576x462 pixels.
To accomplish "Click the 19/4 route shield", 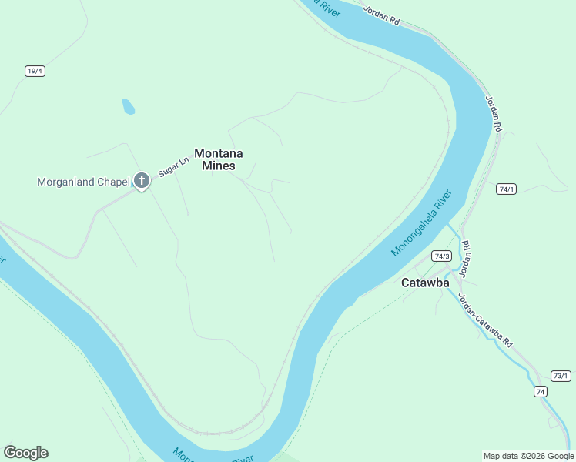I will pyautogui.click(x=35, y=71).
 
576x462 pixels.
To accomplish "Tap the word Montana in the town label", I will pyautogui.click(x=215, y=154).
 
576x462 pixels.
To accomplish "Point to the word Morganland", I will pyautogui.click(x=68, y=182).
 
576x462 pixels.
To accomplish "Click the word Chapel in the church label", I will pyautogui.click(x=114, y=182).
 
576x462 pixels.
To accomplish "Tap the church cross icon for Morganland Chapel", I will pyautogui.click(x=141, y=180).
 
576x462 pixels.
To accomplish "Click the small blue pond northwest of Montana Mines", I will pyautogui.click(x=128, y=107).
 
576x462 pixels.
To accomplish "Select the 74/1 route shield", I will pyautogui.click(x=506, y=189).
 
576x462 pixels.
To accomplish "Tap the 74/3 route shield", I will pyautogui.click(x=441, y=256).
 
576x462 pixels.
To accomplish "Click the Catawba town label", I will pyautogui.click(x=425, y=283).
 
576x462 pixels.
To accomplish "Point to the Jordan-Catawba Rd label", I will pyautogui.click(x=485, y=320).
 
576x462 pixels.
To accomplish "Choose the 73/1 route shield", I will pyautogui.click(x=561, y=376).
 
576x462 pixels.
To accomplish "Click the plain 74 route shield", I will pyautogui.click(x=541, y=392).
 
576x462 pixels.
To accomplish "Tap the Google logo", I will pyautogui.click(x=25, y=453).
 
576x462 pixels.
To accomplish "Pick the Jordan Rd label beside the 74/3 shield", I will pyautogui.click(x=465, y=259).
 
